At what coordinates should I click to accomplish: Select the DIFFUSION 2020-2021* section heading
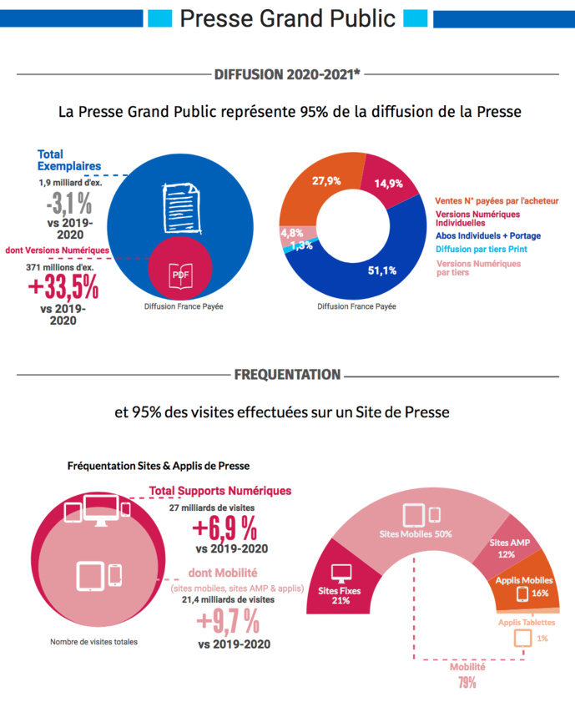[x=287, y=74]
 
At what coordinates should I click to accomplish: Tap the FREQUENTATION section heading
[x=287, y=375]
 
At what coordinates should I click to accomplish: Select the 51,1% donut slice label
[x=381, y=270]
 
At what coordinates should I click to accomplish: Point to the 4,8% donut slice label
[x=291, y=232]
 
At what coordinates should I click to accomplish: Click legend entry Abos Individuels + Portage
[x=488, y=236]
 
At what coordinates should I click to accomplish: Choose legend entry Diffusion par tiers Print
[x=482, y=249]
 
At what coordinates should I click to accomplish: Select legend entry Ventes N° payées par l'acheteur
[x=497, y=201]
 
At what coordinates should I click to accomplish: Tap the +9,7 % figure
[x=227, y=621]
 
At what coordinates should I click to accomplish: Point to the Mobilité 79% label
[x=467, y=675]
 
